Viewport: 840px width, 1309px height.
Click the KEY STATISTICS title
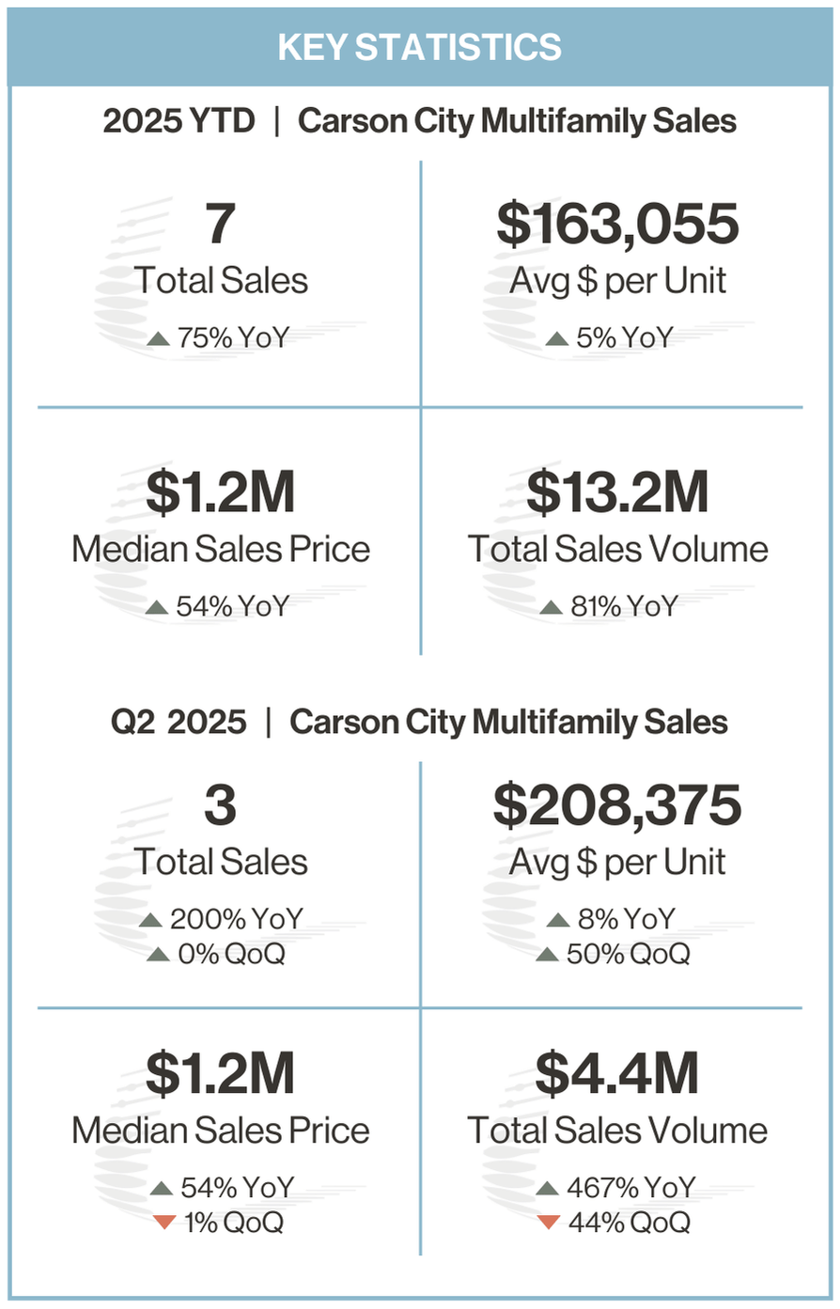pyautogui.click(x=420, y=47)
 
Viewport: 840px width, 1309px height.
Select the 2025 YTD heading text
pyautogui.click(x=179, y=121)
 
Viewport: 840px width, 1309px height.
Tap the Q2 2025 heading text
pyautogui.click(x=179, y=722)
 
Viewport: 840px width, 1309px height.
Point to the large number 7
pyautogui.click(x=220, y=225)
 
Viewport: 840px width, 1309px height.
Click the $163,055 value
pyautogui.click(x=617, y=225)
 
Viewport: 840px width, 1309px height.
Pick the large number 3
pyautogui.click(x=220, y=806)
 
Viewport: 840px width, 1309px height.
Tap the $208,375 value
pyautogui.click(x=617, y=806)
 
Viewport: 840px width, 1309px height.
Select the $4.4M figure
pyautogui.click(x=617, y=1074)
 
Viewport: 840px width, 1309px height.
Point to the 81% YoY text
pyautogui.click(x=624, y=607)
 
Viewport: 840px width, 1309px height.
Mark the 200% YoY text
pyautogui.click(x=236, y=919)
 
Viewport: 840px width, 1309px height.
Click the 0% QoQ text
pyautogui.click(x=231, y=955)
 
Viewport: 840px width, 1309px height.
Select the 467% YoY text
pyautogui.click(x=630, y=1188)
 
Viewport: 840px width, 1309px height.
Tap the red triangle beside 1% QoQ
pyautogui.click(x=164, y=1223)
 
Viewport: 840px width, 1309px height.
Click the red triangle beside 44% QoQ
pyautogui.click(x=550, y=1223)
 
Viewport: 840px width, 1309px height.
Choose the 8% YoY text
pyautogui.click(x=626, y=919)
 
